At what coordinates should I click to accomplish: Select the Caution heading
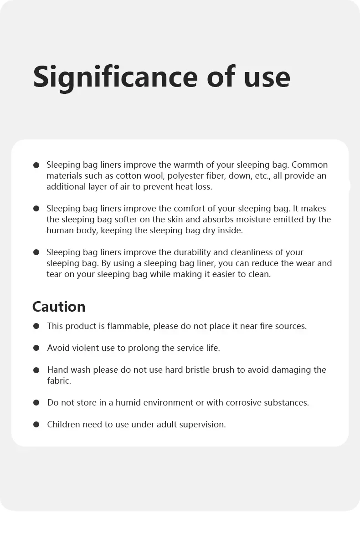point(59,306)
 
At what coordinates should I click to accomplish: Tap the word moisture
point(249,219)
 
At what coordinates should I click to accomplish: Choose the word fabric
point(59,380)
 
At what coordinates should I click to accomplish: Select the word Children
point(64,424)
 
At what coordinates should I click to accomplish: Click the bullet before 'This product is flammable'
point(36,326)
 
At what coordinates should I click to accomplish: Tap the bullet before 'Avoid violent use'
point(36,348)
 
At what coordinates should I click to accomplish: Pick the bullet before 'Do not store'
point(36,403)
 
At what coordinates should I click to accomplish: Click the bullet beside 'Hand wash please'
point(36,370)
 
